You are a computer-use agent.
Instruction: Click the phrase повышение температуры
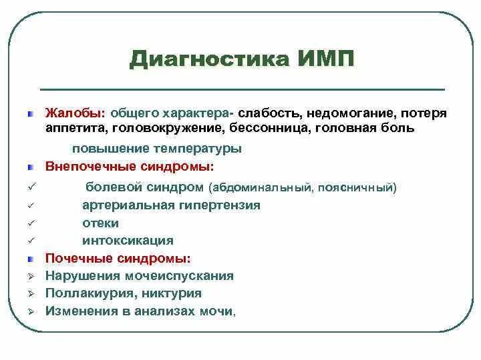pyautogui.click(x=157, y=149)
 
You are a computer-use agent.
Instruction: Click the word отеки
pyautogui.click(x=101, y=223)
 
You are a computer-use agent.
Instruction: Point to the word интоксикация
pyautogui.click(x=128, y=241)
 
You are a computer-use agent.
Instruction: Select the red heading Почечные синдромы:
pyautogui.click(x=118, y=258)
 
